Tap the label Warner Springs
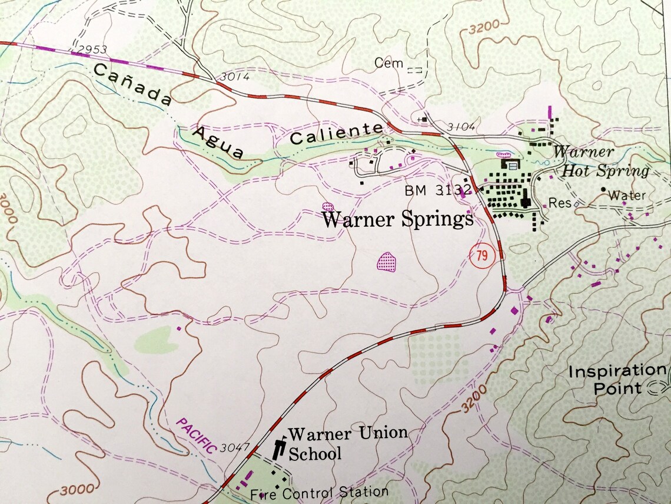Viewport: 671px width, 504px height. tap(398, 219)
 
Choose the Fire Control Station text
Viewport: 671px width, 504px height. tap(318, 492)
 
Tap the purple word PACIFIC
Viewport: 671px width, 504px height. tap(197, 436)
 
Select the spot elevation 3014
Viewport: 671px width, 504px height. tap(235, 77)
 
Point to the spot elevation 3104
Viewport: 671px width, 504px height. tap(460, 127)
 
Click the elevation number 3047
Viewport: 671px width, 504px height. tap(235, 448)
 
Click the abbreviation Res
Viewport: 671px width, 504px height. tap(560, 203)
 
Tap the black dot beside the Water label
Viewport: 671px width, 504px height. tap(603, 190)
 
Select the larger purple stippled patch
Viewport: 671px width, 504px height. tap(387, 260)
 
